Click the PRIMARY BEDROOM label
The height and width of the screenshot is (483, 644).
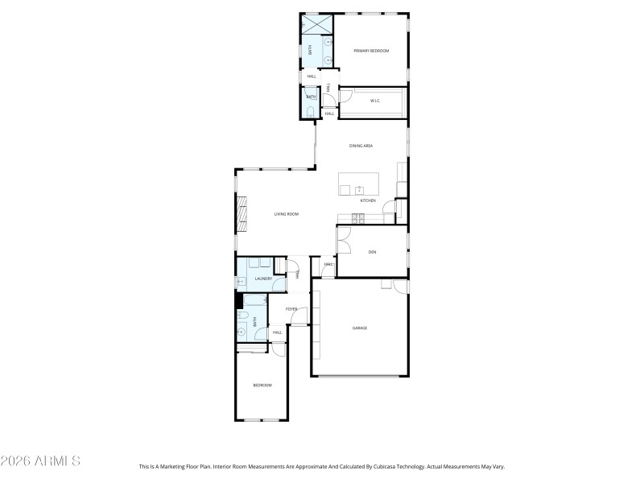(371, 51)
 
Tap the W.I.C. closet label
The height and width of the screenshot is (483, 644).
(375, 101)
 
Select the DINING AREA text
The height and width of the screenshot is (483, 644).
(361, 146)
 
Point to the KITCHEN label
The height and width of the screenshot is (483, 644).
(368, 200)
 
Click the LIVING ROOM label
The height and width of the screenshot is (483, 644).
(287, 214)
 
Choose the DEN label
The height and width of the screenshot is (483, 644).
(372, 252)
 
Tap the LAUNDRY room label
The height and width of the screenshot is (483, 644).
(263, 279)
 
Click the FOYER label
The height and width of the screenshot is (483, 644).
(291, 308)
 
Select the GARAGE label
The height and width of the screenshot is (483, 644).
(359, 328)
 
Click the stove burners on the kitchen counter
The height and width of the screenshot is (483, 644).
(358, 217)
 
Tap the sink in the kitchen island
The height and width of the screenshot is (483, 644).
(359, 190)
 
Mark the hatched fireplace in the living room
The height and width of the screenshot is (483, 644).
(240, 214)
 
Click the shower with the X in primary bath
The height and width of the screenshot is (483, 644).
(317, 25)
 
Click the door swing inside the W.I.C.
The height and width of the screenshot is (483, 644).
(345, 97)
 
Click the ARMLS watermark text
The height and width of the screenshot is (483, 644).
(40, 461)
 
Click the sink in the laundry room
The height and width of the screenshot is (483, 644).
(241, 282)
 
